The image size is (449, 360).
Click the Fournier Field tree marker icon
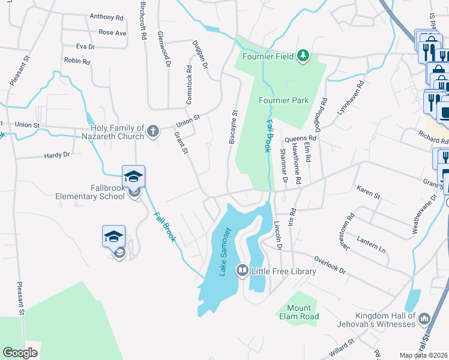pyautogui.click(x=304, y=56)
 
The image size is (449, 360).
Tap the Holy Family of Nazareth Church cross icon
pyautogui.click(x=153, y=131)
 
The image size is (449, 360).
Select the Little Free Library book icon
pyautogui.click(x=243, y=271)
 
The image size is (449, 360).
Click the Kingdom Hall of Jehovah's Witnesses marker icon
pyautogui.click(x=425, y=317)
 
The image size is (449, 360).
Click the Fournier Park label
pyautogui.click(x=284, y=100)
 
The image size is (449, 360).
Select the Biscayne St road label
pyautogui.click(x=234, y=126)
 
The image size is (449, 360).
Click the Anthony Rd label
pyautogui.click(x=106, y=17)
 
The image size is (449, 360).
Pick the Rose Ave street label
pyautogui.click(x=112, y=32)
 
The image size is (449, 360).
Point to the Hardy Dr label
pyautogui.click(x=57, y=155)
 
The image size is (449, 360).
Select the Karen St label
pyautogui.click(x=369, y=194)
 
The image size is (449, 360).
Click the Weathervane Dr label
pyautogui.click(x=423, y=214)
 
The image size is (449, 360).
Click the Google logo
pyautogui.click(x=20, y=353)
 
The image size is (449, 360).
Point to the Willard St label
pyautogui.click(x=339, y=346)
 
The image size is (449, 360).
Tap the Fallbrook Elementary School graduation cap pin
pyautogui.click(x=134, y=176)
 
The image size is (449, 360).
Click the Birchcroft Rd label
pyautogui.click(x=143, y=21)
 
